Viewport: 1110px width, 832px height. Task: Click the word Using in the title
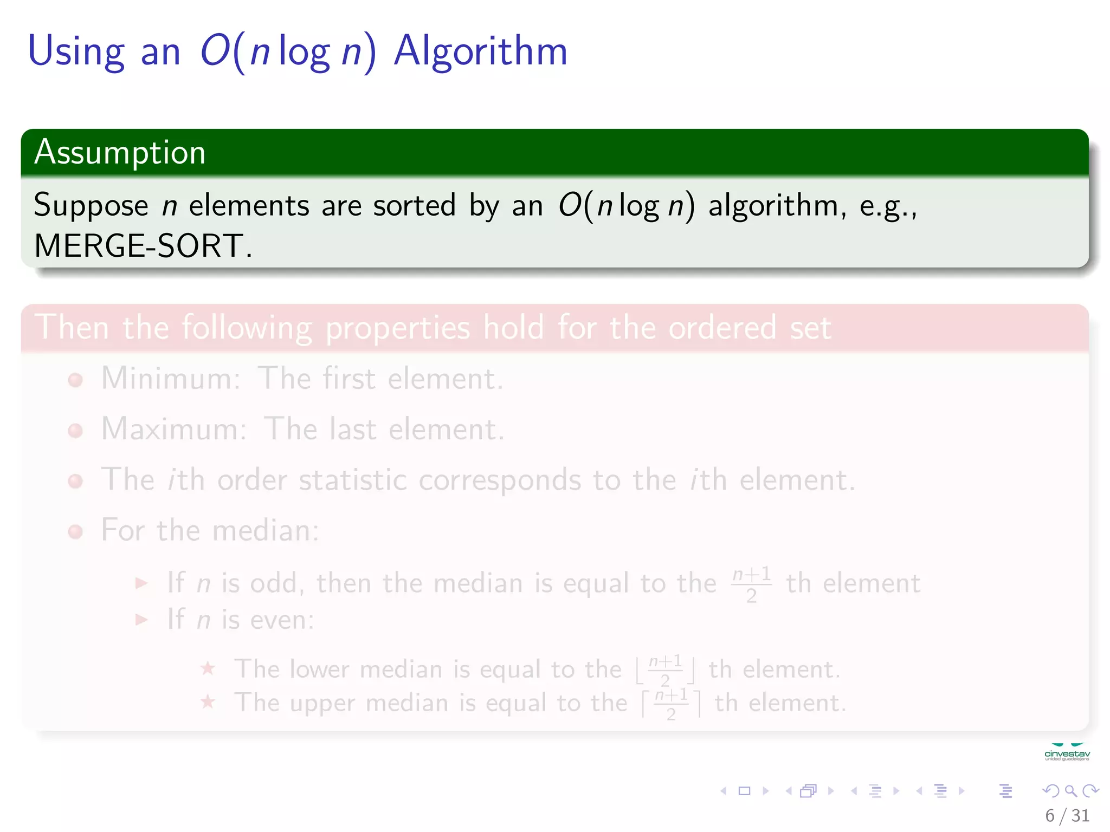(x=76, y=51)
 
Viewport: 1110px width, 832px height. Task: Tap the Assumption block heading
(x=120, y=152)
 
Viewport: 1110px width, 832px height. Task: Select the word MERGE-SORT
(x=138, y=246)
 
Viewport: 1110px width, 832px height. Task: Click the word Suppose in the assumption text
(x=91, y=206)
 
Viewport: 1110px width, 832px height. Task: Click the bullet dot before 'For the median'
(x=75, y=532)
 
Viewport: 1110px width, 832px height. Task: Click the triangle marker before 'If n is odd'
(x=141, y=583)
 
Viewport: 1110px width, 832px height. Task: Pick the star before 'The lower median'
(x=208, y=668)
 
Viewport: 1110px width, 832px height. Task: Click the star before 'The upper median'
(x=208, y=703)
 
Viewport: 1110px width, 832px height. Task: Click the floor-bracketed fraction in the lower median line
(x=665, y=670)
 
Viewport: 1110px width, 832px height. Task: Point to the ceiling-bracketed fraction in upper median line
(x=671, y=704)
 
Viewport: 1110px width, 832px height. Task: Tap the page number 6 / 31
(x=1067, y=815)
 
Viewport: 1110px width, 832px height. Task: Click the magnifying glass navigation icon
(x=1070, y=791)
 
